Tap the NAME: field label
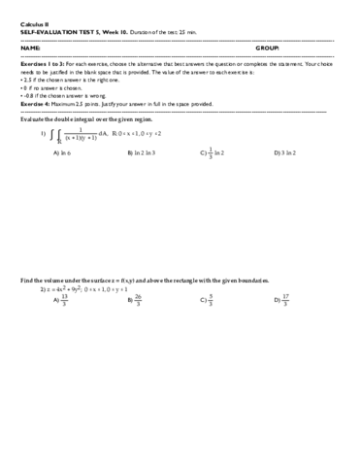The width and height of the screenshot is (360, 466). click(x=30, y=47)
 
